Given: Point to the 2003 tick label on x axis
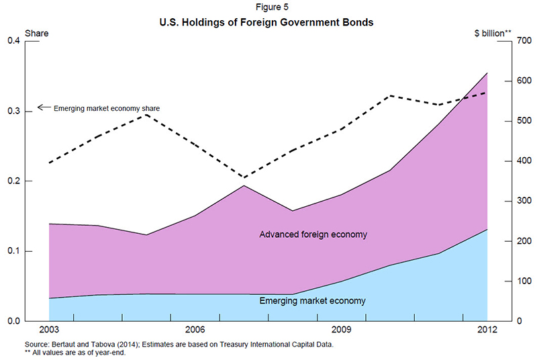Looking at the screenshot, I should point(49,330).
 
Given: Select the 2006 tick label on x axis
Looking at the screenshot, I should point(195,330).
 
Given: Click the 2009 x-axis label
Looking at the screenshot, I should point(341,330).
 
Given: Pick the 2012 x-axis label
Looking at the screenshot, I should point(487,330).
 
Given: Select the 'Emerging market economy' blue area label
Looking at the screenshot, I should point(312,301).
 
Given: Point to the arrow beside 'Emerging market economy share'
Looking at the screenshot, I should point(43,107).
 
